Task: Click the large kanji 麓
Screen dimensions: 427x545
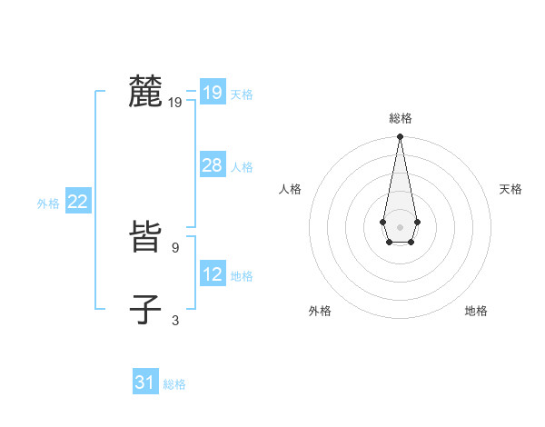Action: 145,92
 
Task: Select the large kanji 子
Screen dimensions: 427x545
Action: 145,309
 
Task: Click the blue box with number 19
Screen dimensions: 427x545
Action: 212,93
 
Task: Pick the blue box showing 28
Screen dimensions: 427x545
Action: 212,166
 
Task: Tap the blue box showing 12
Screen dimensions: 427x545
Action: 212,274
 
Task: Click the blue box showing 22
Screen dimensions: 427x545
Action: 77,203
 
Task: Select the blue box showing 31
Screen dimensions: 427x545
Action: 144,382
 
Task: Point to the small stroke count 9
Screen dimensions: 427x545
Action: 175,246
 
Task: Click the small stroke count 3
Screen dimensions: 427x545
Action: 175,320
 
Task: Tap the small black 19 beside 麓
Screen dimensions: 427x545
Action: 175,104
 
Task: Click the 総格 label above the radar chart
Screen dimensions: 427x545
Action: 400,119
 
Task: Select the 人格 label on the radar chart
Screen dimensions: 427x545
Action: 291,189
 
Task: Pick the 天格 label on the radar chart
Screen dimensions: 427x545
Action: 510,189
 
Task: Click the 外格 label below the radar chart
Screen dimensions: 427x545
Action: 320,311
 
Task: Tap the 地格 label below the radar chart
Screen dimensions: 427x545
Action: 476,311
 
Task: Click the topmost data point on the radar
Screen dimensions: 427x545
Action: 400,137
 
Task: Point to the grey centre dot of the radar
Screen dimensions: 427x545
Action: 400,225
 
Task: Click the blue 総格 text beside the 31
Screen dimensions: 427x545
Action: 174,384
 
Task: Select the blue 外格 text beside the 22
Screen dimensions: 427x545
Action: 48,204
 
